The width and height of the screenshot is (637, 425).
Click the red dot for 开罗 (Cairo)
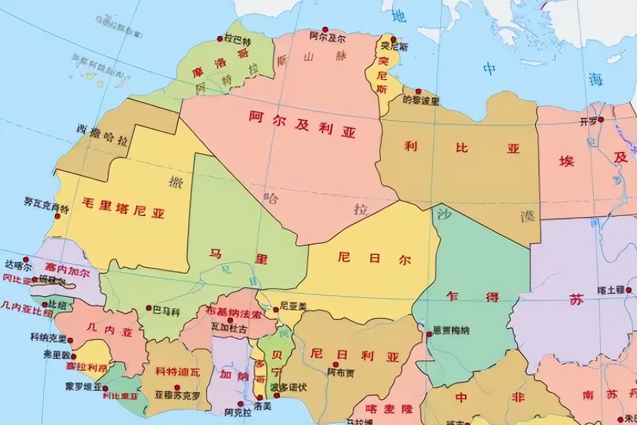point(601,120)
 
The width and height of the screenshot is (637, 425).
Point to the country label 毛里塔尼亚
point(123,208)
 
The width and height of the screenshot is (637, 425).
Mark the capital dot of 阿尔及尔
point(325,30)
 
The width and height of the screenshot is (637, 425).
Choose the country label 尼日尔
point(374,259)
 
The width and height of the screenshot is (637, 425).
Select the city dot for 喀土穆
point(629,290)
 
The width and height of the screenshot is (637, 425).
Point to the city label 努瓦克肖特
point(47,205)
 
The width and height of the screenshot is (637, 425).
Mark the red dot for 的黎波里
point(418,91)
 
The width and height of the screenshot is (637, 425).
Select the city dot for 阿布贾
point(335,364)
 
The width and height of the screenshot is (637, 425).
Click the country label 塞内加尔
point(67,266)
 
